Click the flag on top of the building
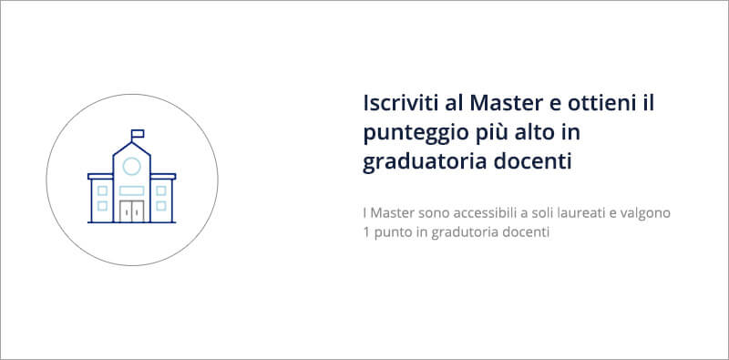coord(138,135)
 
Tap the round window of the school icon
coord(131,166)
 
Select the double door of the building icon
coord(131,211)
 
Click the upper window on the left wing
coord(102,190)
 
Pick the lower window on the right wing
coord(161,205)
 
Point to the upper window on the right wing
coord(161,190)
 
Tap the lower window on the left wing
coord(102,205)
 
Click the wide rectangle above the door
coord(131,190)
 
